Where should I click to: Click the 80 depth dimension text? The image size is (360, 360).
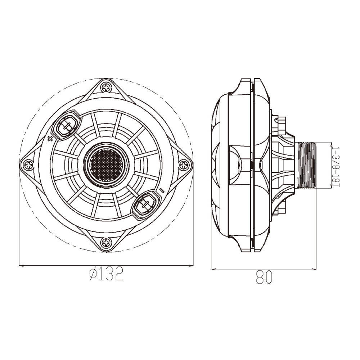pyautogui.click(x=264, y=277)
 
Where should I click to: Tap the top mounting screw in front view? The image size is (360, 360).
pyautogui.click(x=106, y=87)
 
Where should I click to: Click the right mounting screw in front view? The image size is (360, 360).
pyautogui.click(x=184, y=165)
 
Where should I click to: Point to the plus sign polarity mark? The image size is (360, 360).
pyautogui.click(x=50, y=138)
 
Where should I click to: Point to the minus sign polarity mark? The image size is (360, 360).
pyautogui.click(x=162, y=190)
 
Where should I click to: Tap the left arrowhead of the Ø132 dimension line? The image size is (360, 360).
pyautogui.click(x=22, y=266)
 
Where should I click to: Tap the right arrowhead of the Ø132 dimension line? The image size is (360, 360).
pyautogui.click(x=190, y=266)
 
